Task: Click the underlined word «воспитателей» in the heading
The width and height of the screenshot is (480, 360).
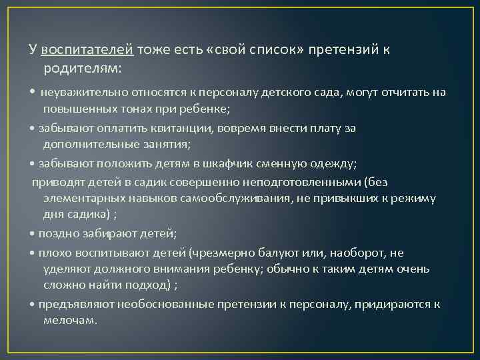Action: (x=87, y=51)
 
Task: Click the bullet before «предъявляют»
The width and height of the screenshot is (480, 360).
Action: (x=33, y=305)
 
